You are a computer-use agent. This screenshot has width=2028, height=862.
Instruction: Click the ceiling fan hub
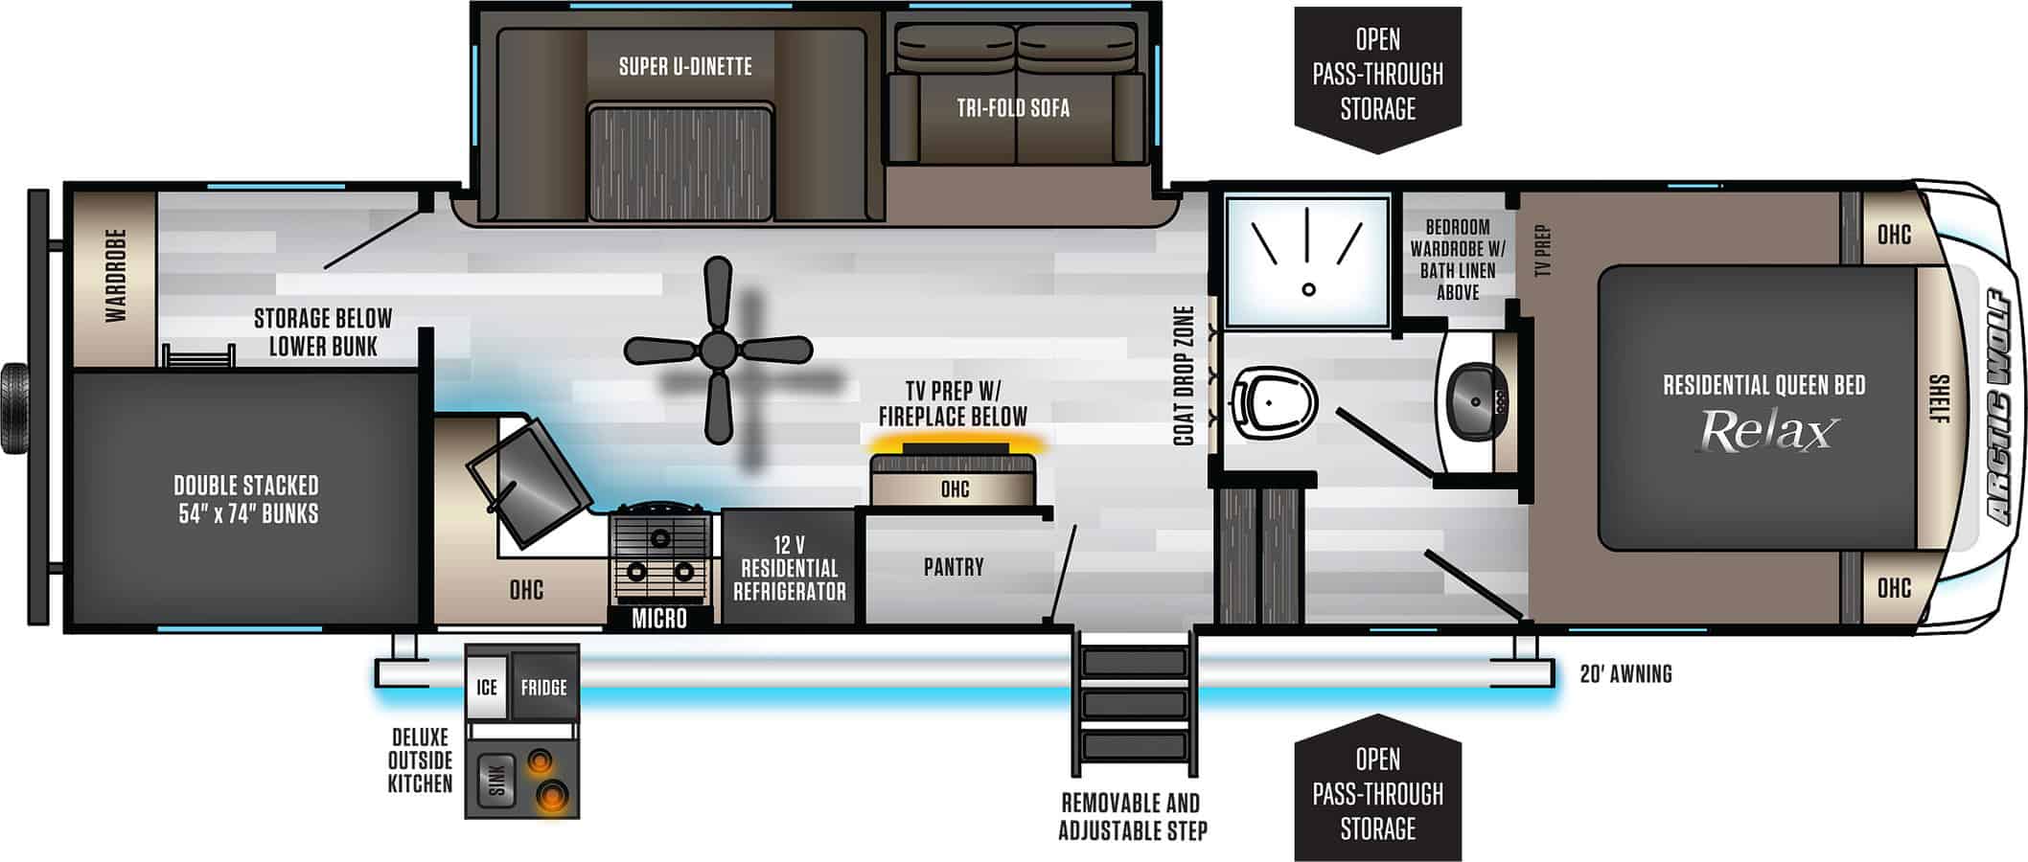point(717,351)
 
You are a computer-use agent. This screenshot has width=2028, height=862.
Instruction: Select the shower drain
point(1308,289)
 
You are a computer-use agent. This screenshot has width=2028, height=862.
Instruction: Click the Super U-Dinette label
point(685,66)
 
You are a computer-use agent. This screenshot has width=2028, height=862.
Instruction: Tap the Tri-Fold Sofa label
point(1013,107)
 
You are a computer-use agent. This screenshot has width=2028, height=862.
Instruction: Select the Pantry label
point(954,567)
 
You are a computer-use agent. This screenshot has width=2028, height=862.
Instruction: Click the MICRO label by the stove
point(659,619)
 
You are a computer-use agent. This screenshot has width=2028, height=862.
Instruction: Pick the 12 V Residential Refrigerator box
point(789,568)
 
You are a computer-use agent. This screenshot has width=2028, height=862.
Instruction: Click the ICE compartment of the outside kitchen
point(487,687)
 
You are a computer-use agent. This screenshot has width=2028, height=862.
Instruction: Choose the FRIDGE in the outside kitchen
point(543,687)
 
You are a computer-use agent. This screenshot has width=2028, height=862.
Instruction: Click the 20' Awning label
point(1625,674)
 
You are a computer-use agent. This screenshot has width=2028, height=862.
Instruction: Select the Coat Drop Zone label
point(1184,375)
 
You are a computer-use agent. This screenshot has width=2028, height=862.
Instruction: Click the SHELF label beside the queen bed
point(1938,398)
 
